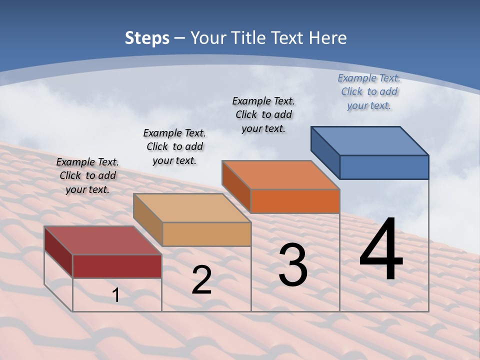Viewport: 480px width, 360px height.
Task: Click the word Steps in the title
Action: pyautogui.click(x=147, y=38)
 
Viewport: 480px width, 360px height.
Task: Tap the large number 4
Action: pyautogui.click(x=381, y=250)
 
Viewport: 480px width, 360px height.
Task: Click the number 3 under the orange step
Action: pyautogui.click(x=293, y=265)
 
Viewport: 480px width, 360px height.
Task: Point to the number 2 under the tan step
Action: pyautogui.click(x=201, y=280)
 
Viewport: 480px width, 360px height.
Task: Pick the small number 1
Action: pyautogui.click(x=116, y=295)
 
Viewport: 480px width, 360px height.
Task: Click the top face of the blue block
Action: pyautogui.click(x=370, y=140)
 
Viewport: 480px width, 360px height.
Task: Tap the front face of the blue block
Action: pyautogui.click(x=384, y=167)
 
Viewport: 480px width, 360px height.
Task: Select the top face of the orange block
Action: pyautogui.click(x=281, y=175)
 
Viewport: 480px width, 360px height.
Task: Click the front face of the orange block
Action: pyautogui.click(x=295, y=201)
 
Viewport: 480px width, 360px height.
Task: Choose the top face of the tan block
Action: pyautogui.click(x=192, y=208)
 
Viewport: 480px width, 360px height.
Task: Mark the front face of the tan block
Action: pyautogui.click(x=206, y=234)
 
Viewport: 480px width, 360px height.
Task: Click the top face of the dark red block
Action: pyautogui.click(x=103, y=240)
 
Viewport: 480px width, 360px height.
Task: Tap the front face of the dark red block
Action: pyautogui.click(x=117, y=266)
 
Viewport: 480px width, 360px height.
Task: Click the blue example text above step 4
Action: pyautogui.click(x=369, y=91)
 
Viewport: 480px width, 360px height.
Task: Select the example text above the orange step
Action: pyautogui.click(x=264, y=114)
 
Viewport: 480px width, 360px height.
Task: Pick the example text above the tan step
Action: pyautogui.click(x=174, y=146)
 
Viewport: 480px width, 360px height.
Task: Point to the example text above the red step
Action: pyautogui.click(x=87, y=175)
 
